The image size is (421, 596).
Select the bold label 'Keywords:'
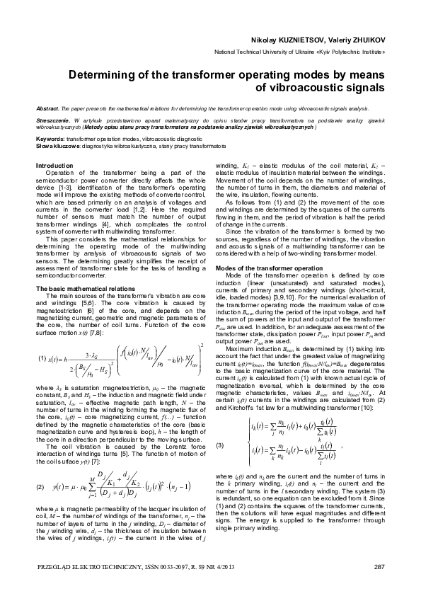[50, 139]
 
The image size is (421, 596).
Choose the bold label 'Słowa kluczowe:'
[57, 145]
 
